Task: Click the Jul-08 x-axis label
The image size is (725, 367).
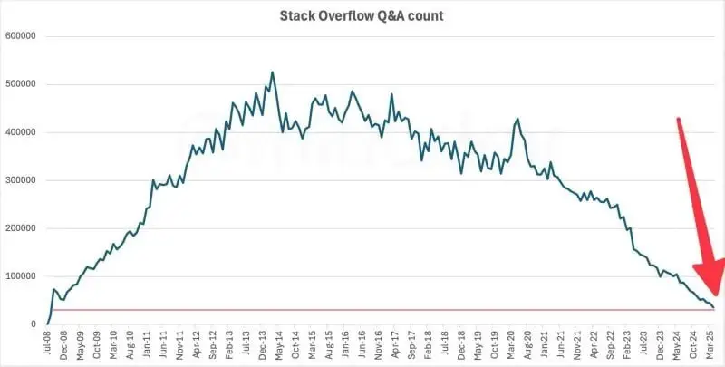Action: (47, 347)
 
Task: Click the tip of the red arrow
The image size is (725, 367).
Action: (715, 295)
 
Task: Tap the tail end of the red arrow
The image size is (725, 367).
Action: (677, 119)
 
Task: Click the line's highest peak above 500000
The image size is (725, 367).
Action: (273, 72)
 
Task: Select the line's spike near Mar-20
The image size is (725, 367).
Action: (517, 119)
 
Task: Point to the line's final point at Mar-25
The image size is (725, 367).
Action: (712, 308)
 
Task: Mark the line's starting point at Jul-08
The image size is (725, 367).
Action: (47, 324)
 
